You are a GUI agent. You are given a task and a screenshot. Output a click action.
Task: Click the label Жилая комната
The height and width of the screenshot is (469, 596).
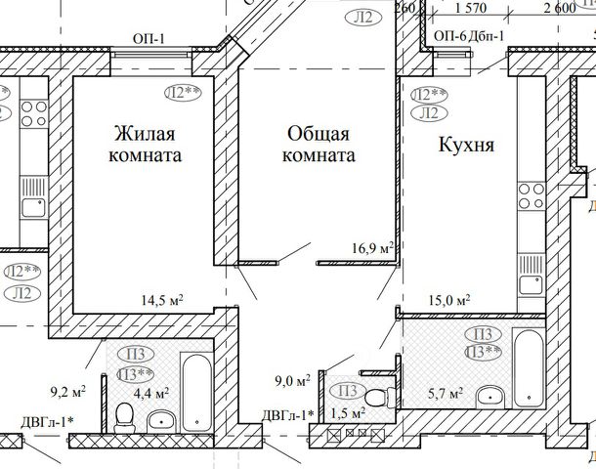click(149, 143)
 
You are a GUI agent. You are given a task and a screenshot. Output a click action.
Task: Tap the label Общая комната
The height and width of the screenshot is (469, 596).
click(319, 143)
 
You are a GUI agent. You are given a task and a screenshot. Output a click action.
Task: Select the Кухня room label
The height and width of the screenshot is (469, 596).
click(467, 146)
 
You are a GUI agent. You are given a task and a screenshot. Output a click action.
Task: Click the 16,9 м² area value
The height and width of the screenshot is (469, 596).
click(372, 248)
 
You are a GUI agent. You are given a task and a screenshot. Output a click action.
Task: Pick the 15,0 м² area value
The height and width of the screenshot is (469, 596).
click(450, 300)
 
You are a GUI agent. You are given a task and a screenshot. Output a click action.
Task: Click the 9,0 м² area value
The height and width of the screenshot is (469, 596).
click(291, 380)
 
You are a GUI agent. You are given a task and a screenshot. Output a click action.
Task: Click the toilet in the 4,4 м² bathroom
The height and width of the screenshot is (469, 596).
click(124, 419)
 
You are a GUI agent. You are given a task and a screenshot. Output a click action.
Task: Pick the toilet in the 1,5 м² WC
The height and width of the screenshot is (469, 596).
click(387, 395)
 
